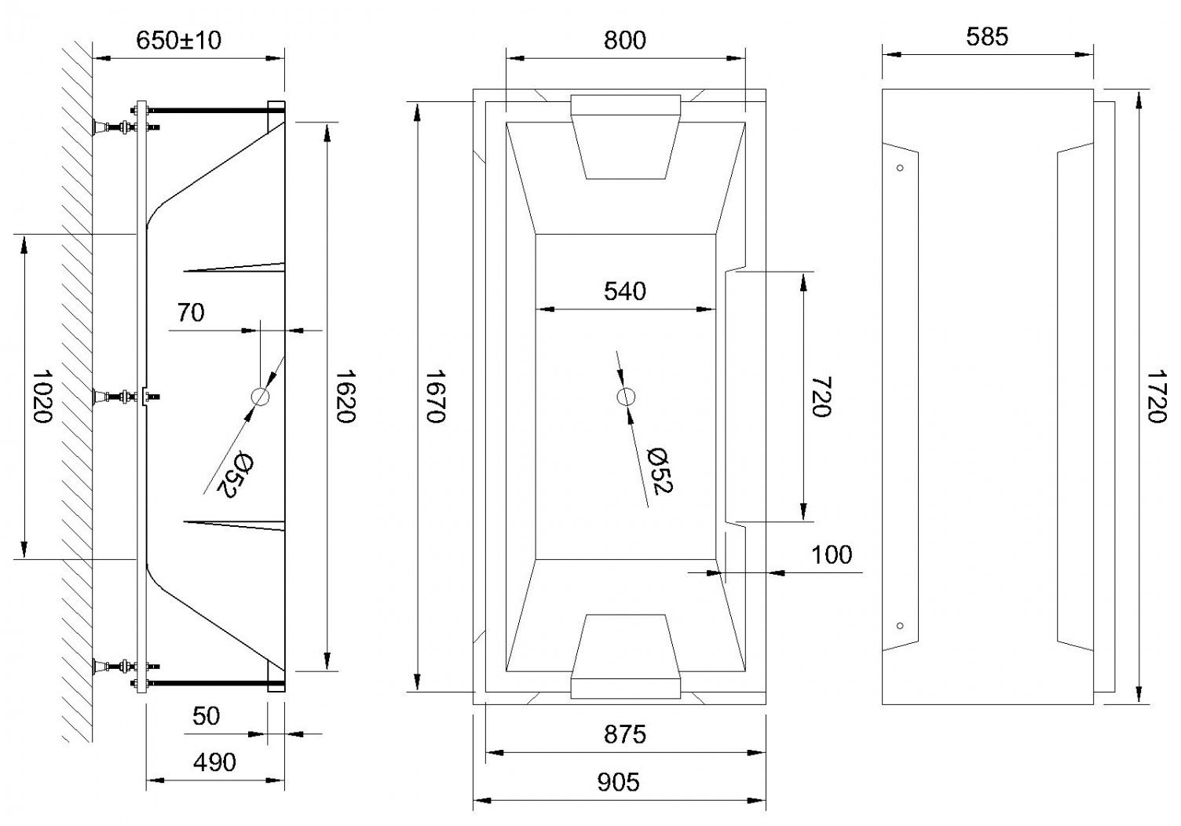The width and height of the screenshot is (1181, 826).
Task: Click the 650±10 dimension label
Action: coord(179,40)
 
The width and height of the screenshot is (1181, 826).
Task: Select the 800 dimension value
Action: coord(625,40)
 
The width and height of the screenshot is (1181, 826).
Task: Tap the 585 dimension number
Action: coord(987,37)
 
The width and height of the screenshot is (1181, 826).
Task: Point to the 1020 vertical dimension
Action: coord(42,396)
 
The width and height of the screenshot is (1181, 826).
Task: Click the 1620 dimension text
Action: coord(346,396)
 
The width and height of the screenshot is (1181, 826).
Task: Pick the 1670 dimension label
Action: coord(436,396)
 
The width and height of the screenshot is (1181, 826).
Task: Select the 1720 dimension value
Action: coord(1157,396)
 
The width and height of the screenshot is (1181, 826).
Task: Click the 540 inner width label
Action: coord(625,291)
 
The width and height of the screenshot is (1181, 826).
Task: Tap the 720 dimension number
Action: coord(821,397)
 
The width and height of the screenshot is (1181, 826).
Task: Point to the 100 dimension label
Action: coord(832,554)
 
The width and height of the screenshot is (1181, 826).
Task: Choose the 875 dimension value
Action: coord(625,734)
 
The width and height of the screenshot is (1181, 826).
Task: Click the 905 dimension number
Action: coord(619,782)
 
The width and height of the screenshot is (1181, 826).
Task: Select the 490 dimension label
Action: coord(214,762)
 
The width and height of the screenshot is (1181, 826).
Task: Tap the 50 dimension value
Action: coord(206,716)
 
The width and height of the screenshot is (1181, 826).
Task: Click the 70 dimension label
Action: coord(190,312)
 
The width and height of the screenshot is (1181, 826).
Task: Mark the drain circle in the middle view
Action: coord(625,397)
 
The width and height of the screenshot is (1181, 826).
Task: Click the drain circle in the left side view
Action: coord(260,397)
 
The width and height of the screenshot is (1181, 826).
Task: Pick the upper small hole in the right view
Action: coord(900,168)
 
